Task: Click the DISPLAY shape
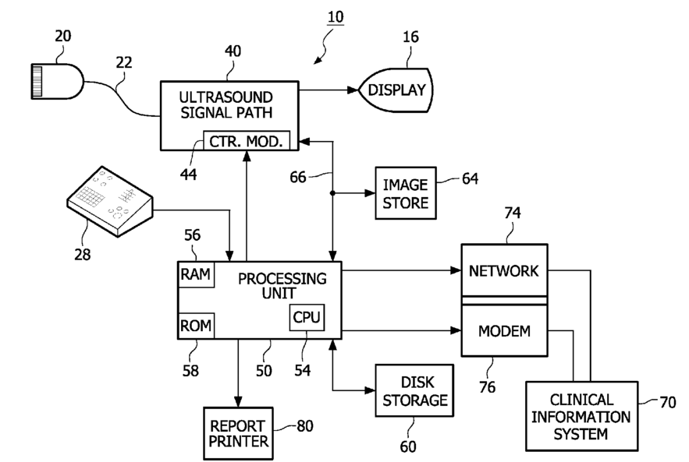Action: pyautogui.click(x=396, y=90)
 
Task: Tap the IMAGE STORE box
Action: pyautogui.click(x=405, y=193)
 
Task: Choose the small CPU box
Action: pyautogui.click(x=307, y=317)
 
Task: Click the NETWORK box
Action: pyautogui.click(x=503, y=271)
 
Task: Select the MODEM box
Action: pyautogui.click(x=503, y=330)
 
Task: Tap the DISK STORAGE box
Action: pyautogui.click(x=413, y=392)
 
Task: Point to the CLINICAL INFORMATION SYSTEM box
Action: pyautogui.click(x=581, y=415)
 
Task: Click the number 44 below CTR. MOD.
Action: pyautogui.click(x=187, y=174)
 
